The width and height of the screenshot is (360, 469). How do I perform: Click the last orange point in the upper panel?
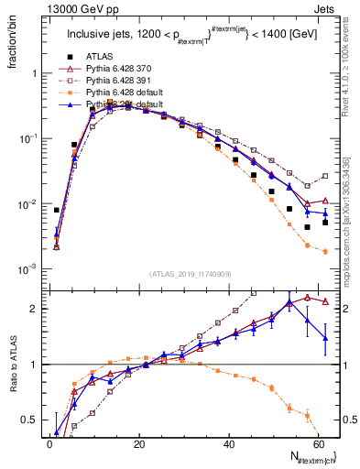click(325, 251)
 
